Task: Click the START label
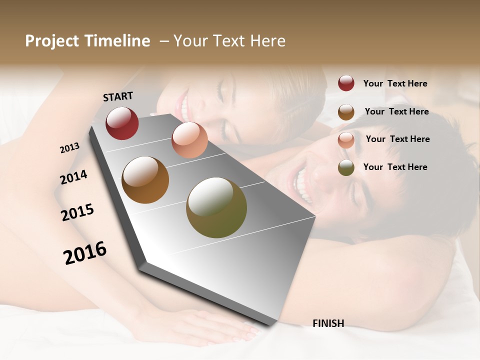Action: click(118, 96)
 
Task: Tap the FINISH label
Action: click(328, 323)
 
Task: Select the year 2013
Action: click(69, 148)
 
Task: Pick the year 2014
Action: click(73, 177)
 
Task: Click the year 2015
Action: click(77, 212)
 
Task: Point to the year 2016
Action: click(85, 253)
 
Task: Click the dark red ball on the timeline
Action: click(122, 123)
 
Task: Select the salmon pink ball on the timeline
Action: click(189, 140)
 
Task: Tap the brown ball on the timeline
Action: click(145, 180)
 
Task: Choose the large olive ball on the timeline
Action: click(216, 207)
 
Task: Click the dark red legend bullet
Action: click(346, 83)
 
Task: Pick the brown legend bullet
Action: click(346, 112)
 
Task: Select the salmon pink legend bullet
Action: click(346, 140)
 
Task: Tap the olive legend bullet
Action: click(346, 167)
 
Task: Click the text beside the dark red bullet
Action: click(395, 83)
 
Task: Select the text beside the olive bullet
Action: click(395, 167)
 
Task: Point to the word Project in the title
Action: click(52, 41)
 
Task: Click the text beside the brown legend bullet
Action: click(396, 111)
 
